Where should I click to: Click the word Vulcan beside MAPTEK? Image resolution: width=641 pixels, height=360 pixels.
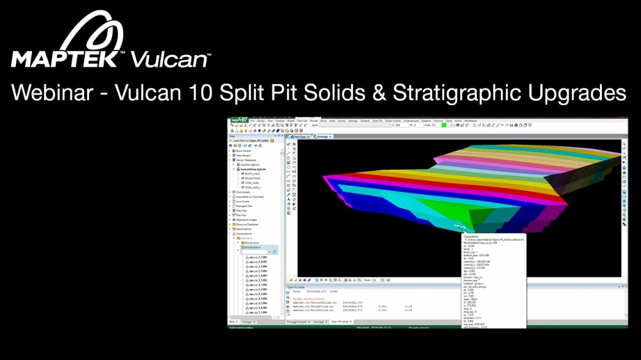click(x=169, y=60)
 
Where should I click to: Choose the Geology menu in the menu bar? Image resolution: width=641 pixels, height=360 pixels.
click(x=353, y=120)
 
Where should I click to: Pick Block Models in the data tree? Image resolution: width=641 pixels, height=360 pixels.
click(x=243, y=151)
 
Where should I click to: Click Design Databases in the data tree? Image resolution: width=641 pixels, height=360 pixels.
click(x=246, y=160)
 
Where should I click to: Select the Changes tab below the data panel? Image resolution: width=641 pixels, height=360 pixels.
click(x=247, y=321)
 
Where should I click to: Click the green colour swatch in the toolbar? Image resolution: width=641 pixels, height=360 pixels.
click(x=444, y=125)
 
